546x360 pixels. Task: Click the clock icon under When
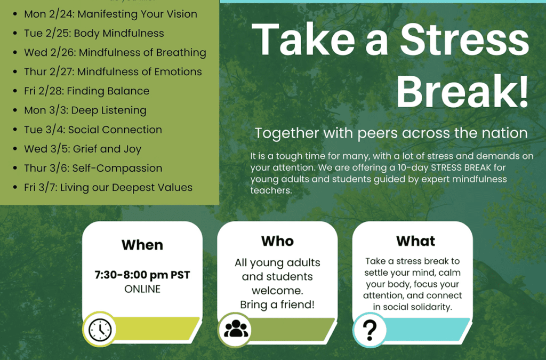(x=100, y=330)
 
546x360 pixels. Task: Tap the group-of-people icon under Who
(x=236, y=329)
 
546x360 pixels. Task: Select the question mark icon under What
(x=370, y=331)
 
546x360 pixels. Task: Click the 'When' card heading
(x=142, y=245)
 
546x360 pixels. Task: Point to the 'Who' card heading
(x=277, y=241)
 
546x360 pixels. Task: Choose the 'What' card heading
(x=416, y=241)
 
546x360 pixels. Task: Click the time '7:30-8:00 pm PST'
(x=142, y=275)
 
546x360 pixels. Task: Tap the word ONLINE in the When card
(x=142, y=289)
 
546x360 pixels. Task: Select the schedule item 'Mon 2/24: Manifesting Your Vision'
(x=110, y=14)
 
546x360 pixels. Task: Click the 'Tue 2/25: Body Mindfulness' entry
(x=94, y=34)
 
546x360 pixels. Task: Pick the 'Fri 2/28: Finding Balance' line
(x=87, y=91)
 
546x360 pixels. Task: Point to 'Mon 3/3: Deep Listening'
(x=85, y=110)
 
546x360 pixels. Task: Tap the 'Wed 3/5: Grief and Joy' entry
(x=83, y=149)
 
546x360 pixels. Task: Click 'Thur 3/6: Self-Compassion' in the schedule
(x=93, y=168)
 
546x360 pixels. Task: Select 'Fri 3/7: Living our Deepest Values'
(x=108, y=188)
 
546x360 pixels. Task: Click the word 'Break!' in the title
(x=463, y=91)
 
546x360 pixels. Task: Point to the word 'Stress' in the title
(x=465, y=39)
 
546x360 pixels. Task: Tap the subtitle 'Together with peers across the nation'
(x=391, y=133)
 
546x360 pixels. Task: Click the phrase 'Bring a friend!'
(x=277, y=305)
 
